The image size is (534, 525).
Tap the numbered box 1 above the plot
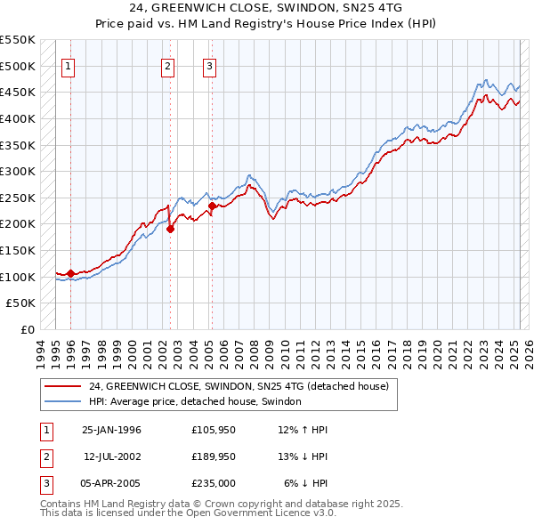point(69,65)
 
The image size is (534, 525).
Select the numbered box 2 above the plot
point(167,65)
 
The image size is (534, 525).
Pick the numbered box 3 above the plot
point(208,65)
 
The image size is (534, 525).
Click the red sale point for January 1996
point(70,273)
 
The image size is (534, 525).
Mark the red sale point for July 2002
point(170,229)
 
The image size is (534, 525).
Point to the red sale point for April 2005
point(212,206)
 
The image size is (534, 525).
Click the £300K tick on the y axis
point(18,171)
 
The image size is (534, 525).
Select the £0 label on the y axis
point(28,329)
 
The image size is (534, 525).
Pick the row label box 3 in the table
point(45,483)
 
